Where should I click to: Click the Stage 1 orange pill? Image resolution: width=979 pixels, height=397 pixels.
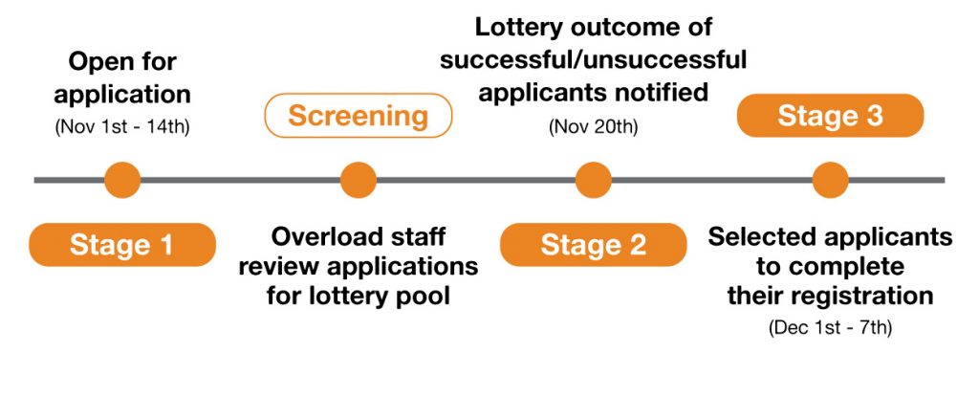tap(122, 245)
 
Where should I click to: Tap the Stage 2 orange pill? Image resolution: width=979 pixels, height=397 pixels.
tap(593, 245)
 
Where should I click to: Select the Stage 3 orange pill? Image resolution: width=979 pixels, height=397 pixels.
tap(830, 116)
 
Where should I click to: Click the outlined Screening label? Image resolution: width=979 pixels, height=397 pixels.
tap(359, 116)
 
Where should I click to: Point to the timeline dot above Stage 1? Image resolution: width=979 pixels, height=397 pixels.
tap(122, 180)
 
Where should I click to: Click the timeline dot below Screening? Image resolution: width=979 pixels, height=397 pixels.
tap(359, 180)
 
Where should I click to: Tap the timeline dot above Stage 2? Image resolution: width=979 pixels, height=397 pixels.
tap(593, 180)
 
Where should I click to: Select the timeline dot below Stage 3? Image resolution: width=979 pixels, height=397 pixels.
tap(831, 180)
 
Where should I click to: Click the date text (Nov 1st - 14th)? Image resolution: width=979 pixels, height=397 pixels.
tap(122, 127)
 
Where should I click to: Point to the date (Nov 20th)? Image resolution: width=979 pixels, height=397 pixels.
tap(593, 127)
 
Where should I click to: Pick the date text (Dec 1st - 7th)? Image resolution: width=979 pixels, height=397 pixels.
tap(830, 327)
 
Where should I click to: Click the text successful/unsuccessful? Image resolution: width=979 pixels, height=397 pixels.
tap(593, 60)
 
